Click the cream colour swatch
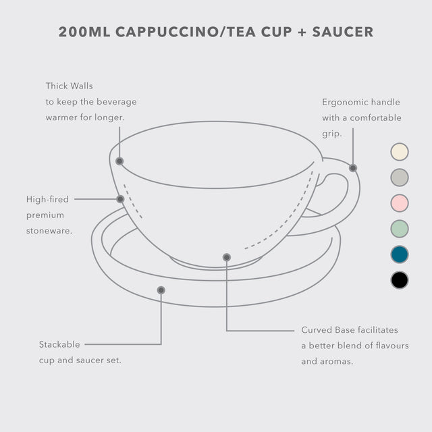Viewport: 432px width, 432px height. click(x=400, y=152)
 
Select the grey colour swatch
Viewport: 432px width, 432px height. click(x=400, y=178)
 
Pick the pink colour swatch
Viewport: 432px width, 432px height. click(x=400, y=203)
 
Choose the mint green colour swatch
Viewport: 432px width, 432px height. click(x=400, y=229)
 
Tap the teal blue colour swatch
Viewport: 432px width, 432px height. click(x=400, y=254)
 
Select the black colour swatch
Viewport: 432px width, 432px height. click(x=400, y=280)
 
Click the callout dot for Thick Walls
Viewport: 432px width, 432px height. click(x=119, y=161)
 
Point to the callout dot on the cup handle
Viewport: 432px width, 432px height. click(x=353, y=168)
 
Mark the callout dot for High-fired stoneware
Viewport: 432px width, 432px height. click(x=120, y=199)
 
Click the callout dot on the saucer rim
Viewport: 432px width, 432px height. click(x=161, y=290)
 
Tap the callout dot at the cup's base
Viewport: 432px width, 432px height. click(x=227, y=257)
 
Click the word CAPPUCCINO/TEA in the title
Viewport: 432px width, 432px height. click(x=186, y=32)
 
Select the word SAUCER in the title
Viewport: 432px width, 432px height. click(x=343, y=32)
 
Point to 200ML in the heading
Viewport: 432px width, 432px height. click(x=84, y=32)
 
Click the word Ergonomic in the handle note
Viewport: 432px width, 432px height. click(x=345, y=102)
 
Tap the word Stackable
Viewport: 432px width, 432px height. click(x=59, y=344)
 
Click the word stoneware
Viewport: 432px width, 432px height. click(x=49, y=231)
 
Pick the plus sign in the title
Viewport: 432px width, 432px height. click(x=302, y=32)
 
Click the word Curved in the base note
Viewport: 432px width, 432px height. click(x=317, y=330)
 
